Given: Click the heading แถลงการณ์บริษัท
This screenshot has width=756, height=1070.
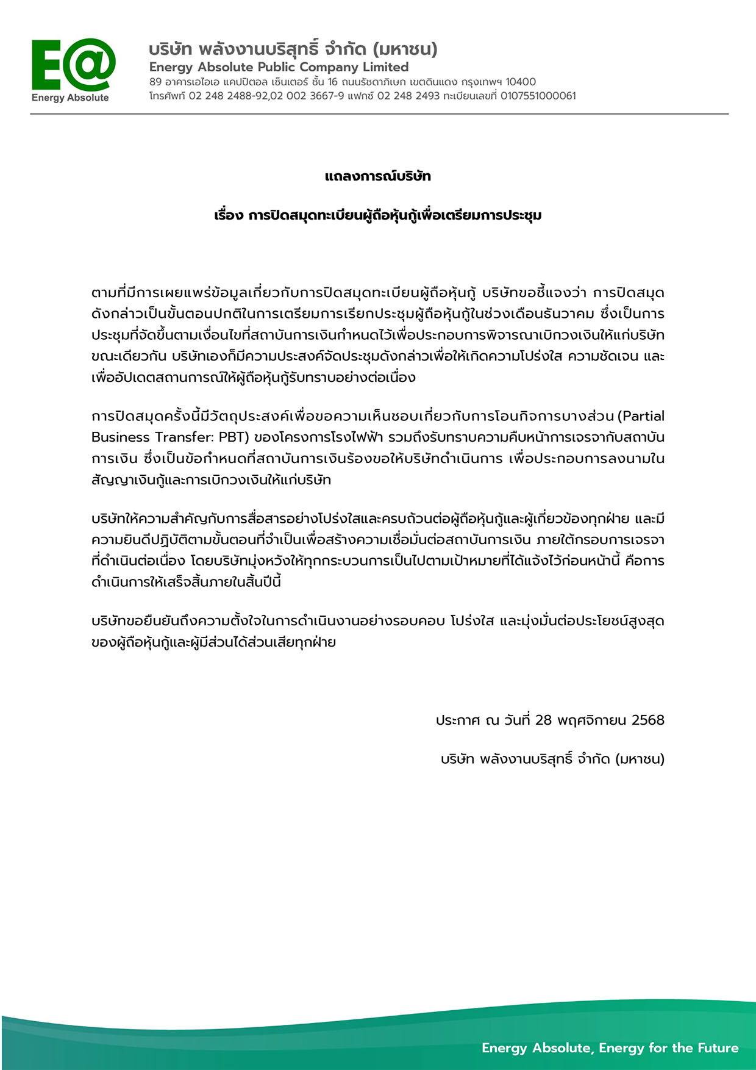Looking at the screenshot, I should coord(378,177).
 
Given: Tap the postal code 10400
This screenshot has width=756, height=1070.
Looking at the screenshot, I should coord(521,82).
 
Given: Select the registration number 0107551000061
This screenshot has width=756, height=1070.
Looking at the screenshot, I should coord(538,96).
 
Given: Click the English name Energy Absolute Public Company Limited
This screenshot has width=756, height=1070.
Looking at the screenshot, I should coord(279,67).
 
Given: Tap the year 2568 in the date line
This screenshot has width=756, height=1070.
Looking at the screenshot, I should coord(647,720).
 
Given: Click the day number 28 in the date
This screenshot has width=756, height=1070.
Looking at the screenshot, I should coord(543,720).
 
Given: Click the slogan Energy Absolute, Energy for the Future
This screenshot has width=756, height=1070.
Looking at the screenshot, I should coord(610,1048).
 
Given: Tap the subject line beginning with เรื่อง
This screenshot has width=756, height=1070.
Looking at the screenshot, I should coord(378,216).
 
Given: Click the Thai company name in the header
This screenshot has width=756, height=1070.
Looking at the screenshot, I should coord(293,49).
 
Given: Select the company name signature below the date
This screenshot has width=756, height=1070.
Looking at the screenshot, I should coord(552,759).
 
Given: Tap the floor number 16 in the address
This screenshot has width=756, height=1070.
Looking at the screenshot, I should coord(332,82).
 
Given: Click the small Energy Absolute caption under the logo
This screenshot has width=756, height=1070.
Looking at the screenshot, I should coord(70,98).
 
